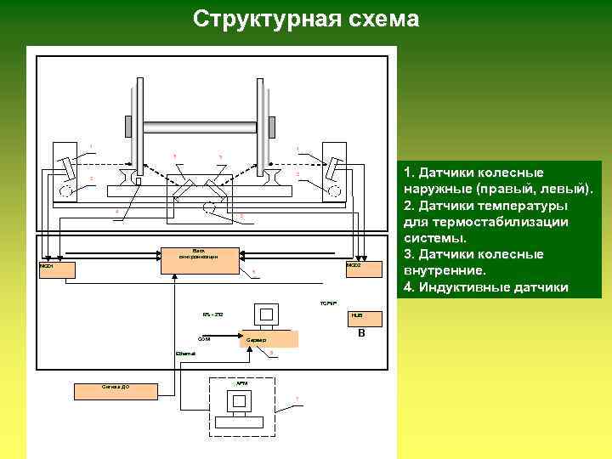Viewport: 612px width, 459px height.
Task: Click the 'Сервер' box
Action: pyautogui.click(x=269, y=339)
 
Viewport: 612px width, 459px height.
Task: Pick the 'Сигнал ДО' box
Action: pyautogui.click(x=116, y=390)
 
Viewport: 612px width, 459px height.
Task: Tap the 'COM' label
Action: pyautogui.click(x=204, y=338)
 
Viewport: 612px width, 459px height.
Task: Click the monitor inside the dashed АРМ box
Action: pyautogui.click(x=241, y=402)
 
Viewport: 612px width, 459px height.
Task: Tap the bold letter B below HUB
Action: pyautogui.click(x=361, y=333)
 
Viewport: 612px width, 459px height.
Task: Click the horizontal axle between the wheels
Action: pyautogui.click(x=199, y=127)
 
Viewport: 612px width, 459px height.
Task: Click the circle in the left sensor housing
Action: pyautogui.click(x=66, y=190)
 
